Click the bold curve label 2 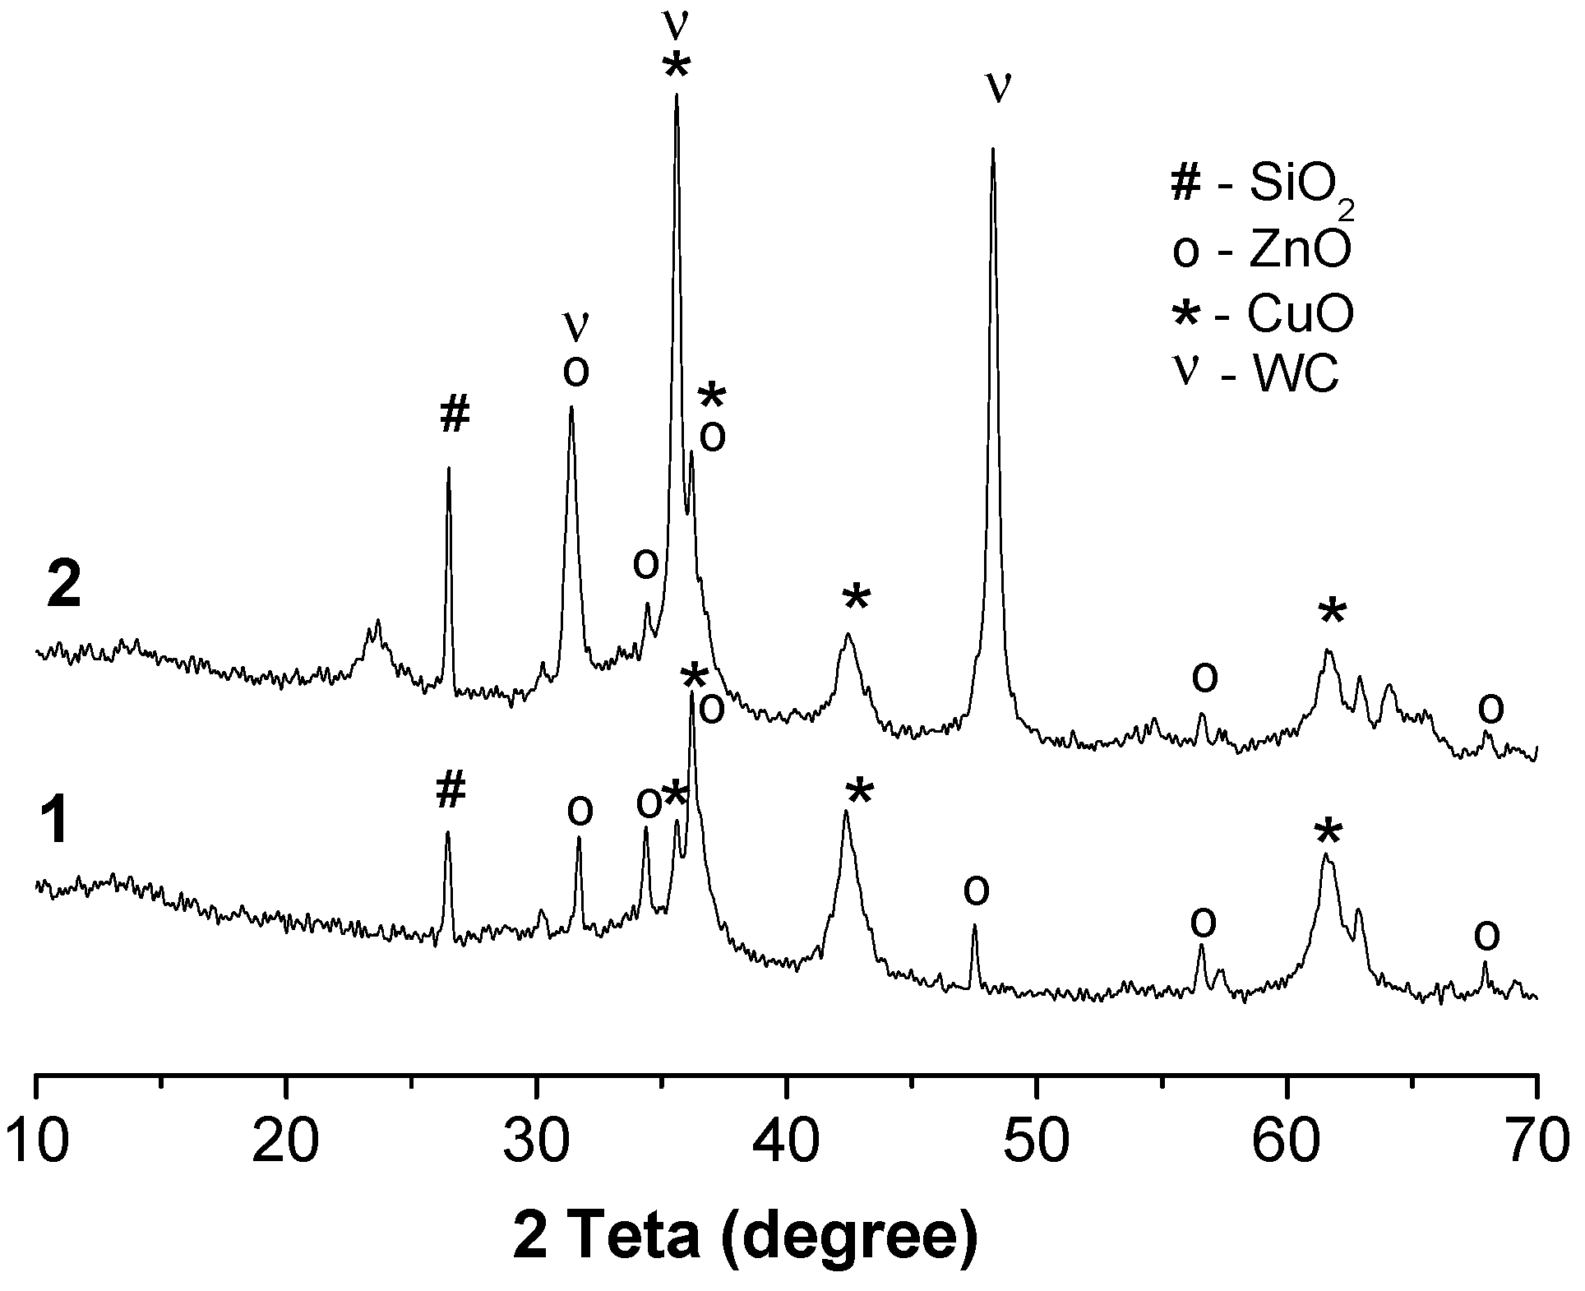coord(64,586)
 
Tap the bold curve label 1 coord(54,822)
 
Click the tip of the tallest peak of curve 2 coord(676,95)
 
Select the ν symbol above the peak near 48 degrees coord(999,86)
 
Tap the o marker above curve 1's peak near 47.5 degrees coord(976,890)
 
